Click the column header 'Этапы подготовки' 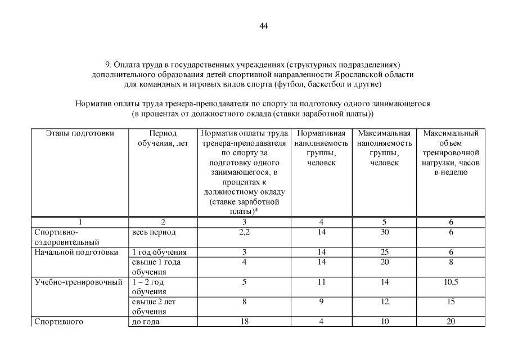pos(79,134)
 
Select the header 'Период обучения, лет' pos(163,138)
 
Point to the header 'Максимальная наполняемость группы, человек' pos(384,148)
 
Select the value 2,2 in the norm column pos(244,232)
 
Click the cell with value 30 pos(385,232)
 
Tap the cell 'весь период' pos(154,232)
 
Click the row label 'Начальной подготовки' pos(76,252)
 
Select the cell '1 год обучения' pos(159,252)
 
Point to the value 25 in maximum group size pos(385,252)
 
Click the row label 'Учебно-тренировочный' pos(78,282)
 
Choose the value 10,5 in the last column pos(451,282)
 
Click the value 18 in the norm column pos(244,322)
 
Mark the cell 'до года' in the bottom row pos(146,322)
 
